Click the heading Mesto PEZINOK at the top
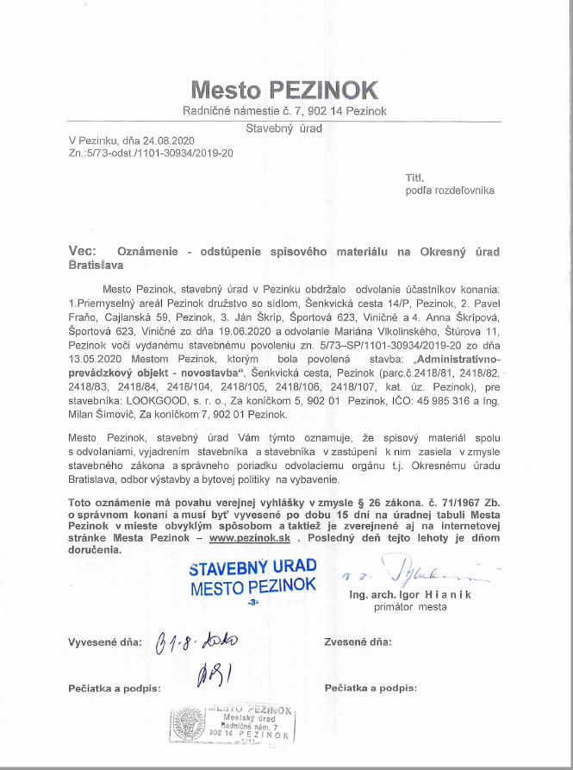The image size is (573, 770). point(285,90)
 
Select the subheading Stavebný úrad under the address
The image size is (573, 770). point(284,128)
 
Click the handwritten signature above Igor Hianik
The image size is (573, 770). point(422,572)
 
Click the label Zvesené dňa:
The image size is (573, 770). point(358,642)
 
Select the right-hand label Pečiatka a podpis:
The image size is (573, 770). point(371,688)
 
